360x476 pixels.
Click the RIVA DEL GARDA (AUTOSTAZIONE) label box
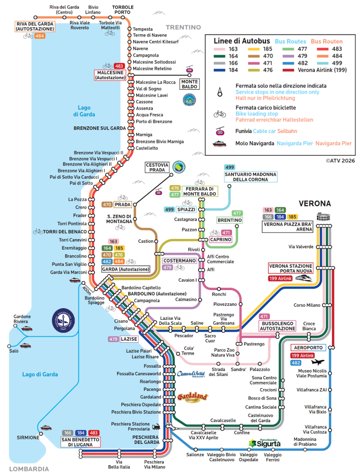click(x=35, y=26)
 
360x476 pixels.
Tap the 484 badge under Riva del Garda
click(x=40, y=36)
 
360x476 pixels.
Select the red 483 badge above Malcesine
click(x=119, y=66)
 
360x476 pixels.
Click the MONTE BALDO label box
click(x=190, y=84)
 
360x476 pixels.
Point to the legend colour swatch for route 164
click(x=220, y=56)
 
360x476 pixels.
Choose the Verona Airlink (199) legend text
click(x=322, y=70)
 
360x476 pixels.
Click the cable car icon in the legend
click(x=220, y=131)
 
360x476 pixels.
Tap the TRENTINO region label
click(x=183, y=27)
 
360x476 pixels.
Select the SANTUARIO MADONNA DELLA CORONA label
click(x=251, y=177)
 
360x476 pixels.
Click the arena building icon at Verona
click(x=323, y=217)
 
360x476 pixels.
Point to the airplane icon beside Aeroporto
click(x=318, y=362)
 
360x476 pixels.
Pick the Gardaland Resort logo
click(x=193, y=397)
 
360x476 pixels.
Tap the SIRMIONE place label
click(x=28, y=437)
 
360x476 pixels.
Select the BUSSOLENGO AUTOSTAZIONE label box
click(x=277, y=326)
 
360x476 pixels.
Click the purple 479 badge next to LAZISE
click(x=113, y=339)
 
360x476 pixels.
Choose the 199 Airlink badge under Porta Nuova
click(x=280, y=278)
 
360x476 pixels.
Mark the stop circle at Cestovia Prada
click(x=171, y=175)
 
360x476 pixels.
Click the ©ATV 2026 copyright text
click(x=340, y=161)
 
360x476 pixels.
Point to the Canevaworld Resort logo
click(x=191, y=374)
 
